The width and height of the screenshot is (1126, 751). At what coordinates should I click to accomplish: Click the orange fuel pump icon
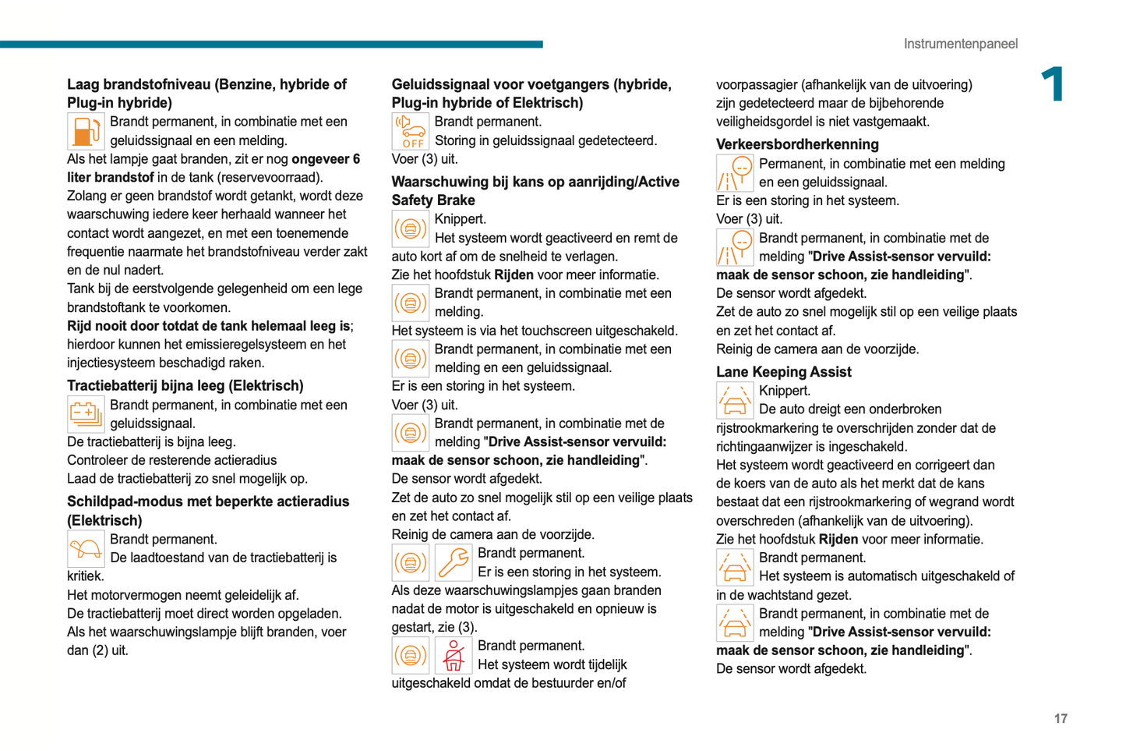[86, 131]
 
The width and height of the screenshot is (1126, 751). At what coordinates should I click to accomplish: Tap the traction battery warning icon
[86, 414]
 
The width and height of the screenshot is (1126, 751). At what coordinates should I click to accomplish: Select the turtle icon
[86, 548]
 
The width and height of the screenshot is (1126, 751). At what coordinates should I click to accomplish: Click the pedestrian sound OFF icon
[410, 131]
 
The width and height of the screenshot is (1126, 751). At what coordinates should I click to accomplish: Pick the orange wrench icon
[454, 562]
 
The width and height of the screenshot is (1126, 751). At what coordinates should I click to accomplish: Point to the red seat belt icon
[454, 655]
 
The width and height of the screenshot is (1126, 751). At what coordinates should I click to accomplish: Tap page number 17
[1061, 718]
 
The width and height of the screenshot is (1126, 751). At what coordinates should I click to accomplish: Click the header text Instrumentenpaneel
[960, 44]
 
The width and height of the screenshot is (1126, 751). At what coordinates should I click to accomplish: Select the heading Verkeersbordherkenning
[797, 144]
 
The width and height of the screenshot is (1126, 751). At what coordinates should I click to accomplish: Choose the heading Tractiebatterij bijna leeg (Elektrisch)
[185, 385]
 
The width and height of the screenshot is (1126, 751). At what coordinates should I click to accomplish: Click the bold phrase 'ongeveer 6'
[326, 159]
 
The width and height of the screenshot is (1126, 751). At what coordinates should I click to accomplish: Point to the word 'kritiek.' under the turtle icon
[85, 576]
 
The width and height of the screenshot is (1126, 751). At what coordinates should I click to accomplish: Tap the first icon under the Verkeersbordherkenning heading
[735, 173]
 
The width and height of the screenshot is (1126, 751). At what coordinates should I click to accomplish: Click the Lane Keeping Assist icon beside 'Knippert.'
[735, 400]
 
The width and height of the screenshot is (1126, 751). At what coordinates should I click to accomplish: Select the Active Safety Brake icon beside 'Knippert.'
[410, 228]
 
